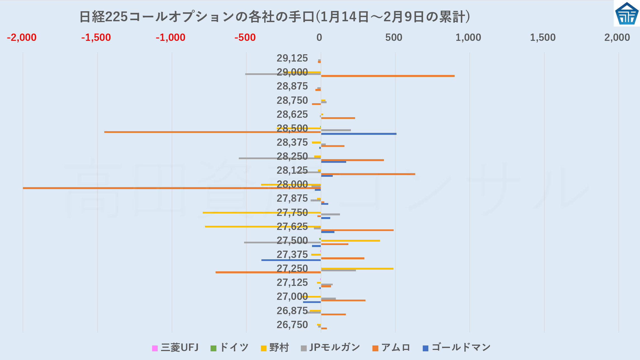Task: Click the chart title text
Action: pos(275,17)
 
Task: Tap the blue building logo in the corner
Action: pos(627,14)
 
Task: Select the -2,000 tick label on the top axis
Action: pos(22,37)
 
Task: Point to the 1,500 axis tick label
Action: pos(543,37)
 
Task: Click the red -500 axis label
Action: pos(245,37)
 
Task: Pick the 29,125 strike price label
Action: pos(292,58)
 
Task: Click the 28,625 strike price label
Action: pos(292,114)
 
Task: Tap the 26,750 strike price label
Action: pos(292,325)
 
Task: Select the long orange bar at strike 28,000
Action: pos(168,188)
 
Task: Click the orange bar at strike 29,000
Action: pos(388,76)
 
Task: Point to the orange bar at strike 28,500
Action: pos(212,132)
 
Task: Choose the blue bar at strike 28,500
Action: pos(358,134)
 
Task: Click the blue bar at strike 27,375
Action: pos(291,260)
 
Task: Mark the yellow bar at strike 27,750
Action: pos(261,213)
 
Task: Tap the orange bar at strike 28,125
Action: pos(368,174)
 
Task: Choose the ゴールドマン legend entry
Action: pos(457,348)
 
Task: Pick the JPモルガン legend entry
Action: pos(330,348)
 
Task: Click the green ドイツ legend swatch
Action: pos(213,349)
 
